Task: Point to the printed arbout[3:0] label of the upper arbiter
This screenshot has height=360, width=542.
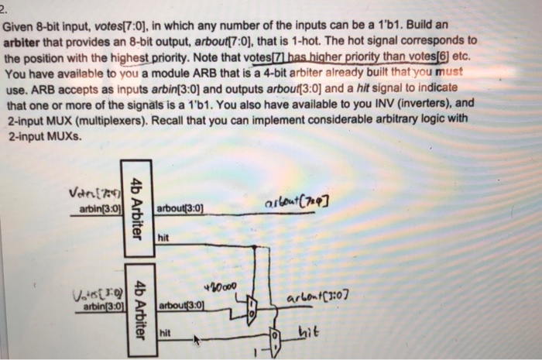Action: tap(180, 208)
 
